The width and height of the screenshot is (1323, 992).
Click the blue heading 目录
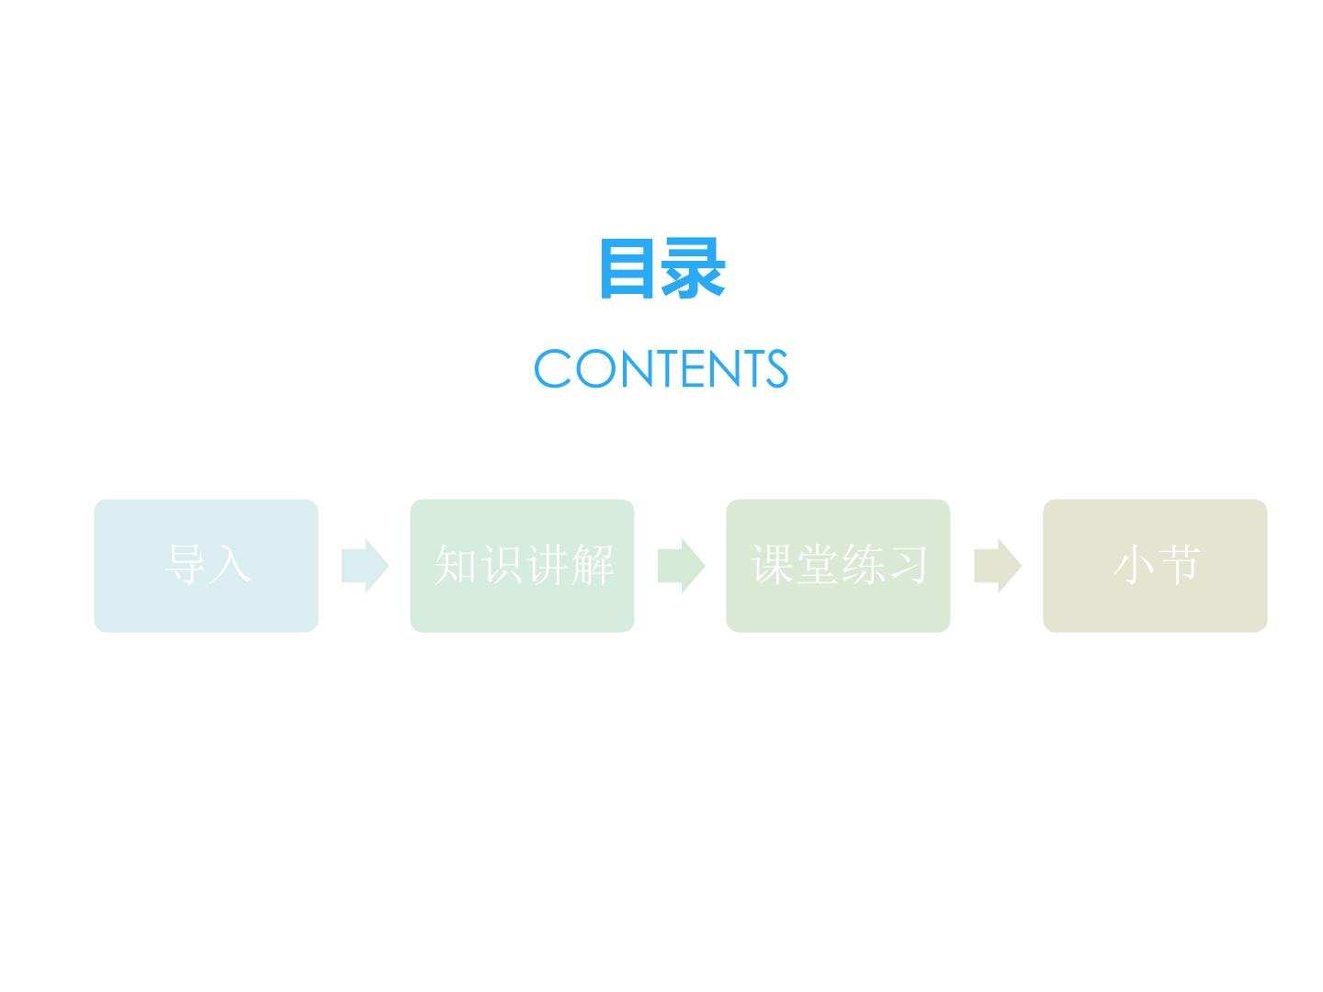click(x=662, y=268)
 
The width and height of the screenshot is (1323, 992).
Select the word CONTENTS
click(x=661, y=368)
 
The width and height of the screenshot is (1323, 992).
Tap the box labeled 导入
click(x=206, y=566)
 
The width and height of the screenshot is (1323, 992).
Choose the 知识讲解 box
click(x=522, y=566)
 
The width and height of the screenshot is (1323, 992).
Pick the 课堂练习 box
click(x=838, y=566)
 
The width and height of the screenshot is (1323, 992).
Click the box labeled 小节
click(x=1155, y=566)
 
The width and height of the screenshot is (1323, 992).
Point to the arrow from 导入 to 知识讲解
click(x=365, y=566)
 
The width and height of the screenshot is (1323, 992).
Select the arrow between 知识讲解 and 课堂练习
click(x=681, y=566)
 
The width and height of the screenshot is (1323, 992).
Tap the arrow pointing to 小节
click(x=998, y=566)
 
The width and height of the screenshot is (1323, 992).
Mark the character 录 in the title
click(x=693, y=268)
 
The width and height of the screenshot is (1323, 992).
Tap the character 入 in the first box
click(x=231, y=564)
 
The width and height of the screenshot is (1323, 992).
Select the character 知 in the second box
click(x=457, y=564)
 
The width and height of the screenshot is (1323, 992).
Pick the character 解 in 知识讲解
click(x=593, y=564)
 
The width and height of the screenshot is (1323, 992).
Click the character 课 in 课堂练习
click(x=773, y=564)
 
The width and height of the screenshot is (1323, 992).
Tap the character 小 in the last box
click(x=1134, y=564)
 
